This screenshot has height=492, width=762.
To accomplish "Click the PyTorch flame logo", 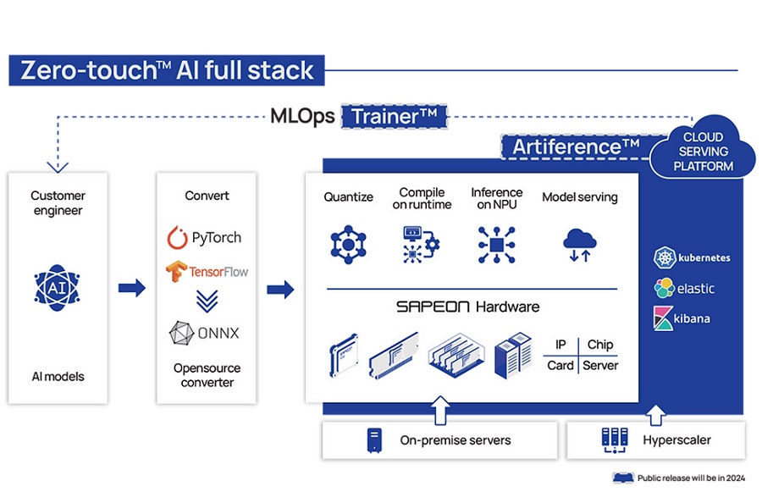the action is [x=178, y=237].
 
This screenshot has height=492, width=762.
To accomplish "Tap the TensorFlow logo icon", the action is [x=176, y=271].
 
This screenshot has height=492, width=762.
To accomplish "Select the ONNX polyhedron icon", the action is [x=181, y=333].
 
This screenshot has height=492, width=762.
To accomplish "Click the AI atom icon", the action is [x=58, y=288].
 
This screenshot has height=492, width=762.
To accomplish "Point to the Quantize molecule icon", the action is [x=348, y=245].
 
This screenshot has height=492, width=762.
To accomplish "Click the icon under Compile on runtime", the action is [x=421, y=245].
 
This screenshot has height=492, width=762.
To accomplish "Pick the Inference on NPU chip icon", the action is [x=496, y=245].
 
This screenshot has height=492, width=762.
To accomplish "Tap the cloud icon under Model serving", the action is [x=579, y=245].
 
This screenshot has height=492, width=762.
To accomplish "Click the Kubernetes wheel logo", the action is [x=665, y=257].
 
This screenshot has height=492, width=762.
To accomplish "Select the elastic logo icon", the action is [x=665, y=288].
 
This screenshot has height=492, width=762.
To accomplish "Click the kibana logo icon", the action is [x=663, y=318].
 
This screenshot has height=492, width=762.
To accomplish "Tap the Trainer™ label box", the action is [x=394, y=117].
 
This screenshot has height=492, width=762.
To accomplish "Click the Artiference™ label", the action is [x=576, y=146].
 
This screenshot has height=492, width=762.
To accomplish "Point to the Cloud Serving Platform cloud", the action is [x=703, y=148].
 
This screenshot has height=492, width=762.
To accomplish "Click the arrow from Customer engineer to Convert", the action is [x=132, y=288].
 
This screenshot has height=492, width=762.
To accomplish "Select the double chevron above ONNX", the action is [x=207, y=301].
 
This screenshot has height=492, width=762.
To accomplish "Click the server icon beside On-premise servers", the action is [x=374, y=440].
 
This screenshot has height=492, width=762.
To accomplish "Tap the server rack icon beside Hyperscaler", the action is [x=615, y=440].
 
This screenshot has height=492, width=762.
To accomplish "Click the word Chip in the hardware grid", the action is [x=600, y=345].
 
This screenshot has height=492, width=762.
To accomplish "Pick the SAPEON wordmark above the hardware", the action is [x=433, y=307].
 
